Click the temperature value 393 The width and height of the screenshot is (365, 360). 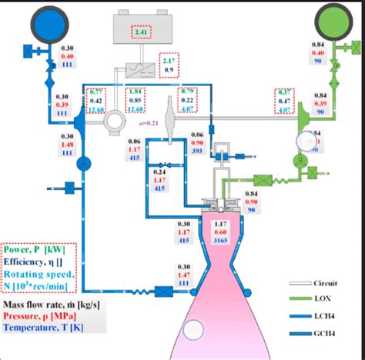click(x=197, y=151)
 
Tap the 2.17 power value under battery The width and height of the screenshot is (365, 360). click(x=169, y=59)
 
